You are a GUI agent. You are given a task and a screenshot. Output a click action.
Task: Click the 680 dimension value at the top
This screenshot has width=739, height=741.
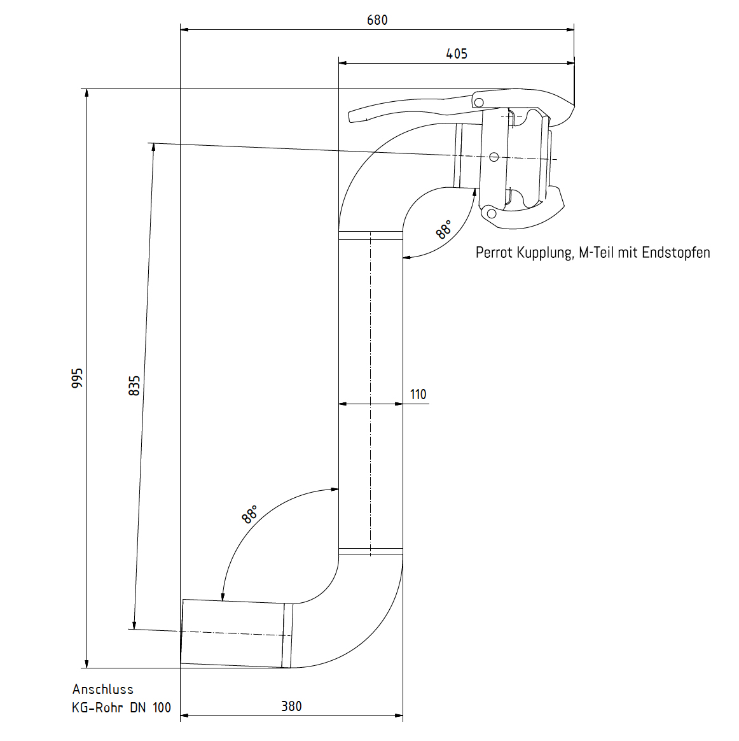[x=377, y=20]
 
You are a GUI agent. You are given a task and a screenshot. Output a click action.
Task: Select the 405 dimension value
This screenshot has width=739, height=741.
[x=457, y=53]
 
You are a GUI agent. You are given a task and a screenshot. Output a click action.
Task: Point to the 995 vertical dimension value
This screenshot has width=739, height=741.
[x=77, y=378]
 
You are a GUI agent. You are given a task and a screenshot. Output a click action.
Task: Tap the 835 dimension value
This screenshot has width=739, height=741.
[x=134, y=386]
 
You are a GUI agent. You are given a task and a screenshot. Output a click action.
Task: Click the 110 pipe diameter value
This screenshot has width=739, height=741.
[x=418, y=394]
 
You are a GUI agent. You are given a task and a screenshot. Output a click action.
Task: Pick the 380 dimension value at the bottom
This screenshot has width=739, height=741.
[x=291, y=706]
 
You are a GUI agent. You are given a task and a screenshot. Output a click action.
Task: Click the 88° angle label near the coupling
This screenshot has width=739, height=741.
[x=444, y=229]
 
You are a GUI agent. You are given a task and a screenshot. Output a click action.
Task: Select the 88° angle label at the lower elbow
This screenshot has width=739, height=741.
[x=250, y=514]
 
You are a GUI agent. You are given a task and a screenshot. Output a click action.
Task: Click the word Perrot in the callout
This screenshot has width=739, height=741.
[x=494, y=253]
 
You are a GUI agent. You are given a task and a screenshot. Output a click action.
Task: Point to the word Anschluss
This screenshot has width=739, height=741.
[x=103, y=689]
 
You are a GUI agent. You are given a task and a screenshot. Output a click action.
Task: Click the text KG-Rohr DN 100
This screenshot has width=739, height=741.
[x=121, y=707]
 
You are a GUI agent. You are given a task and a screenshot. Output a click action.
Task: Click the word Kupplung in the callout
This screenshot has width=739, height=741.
[x=544, y=253]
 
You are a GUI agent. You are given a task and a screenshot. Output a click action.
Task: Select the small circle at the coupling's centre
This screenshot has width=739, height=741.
[x=494, y=157]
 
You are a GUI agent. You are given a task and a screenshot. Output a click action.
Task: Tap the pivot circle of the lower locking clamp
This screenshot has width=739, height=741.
[x=490, y=213]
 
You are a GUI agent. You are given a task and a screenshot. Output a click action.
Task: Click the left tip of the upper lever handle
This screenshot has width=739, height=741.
[x=351, y=116]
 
